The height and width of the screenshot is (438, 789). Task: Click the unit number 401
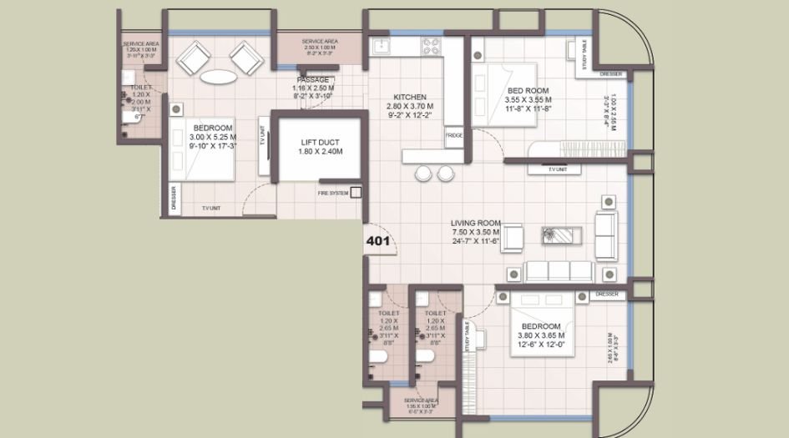click(x=378, y=240)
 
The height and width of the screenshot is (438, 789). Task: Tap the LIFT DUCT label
click(x=317, y=147)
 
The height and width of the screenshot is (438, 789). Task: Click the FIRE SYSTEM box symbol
click(x=357, y=193)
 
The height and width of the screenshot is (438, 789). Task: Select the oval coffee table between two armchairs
click(x=218, y=77)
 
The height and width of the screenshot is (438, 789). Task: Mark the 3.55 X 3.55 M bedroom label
click(x=528, y=99)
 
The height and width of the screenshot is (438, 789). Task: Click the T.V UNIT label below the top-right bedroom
click(x=557, y=169)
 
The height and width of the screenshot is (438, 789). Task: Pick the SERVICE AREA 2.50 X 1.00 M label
click(x=319, y=44)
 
